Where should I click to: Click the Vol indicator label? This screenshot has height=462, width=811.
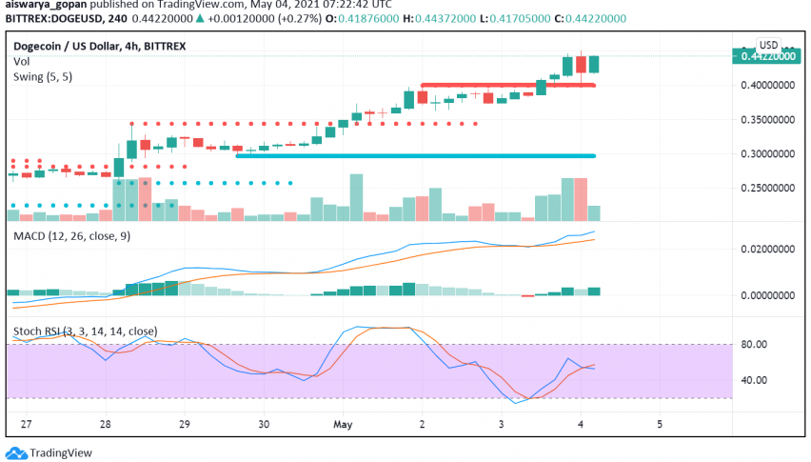(x=21, y=61)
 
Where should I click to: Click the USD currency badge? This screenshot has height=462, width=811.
(x=768, y=45)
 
